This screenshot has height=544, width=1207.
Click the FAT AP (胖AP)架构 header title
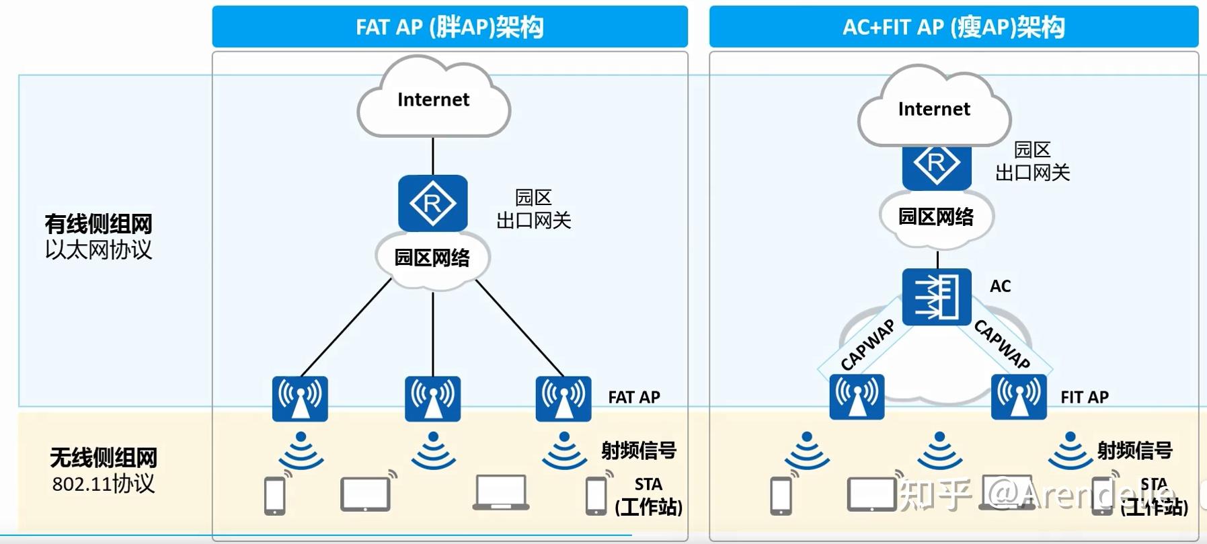[x=449, y=27]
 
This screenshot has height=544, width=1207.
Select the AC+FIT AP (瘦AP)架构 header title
[x=953, y=27]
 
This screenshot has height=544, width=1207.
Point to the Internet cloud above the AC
[x=934, y=109]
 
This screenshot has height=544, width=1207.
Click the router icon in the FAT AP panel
[x=432, y=203]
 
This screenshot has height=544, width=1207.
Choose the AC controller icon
[x=937, y=297]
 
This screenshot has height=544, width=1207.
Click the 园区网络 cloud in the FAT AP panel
[x=432, y=258]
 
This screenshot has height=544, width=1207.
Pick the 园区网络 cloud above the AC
[x=936, y=217]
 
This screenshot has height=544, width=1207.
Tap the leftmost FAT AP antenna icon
[x=300, y=399]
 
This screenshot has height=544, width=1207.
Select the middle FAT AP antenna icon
[x=432, y=399]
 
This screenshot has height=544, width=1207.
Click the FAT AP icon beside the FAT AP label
[x=563, y=399]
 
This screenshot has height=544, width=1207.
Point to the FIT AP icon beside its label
[x=1019, y=397]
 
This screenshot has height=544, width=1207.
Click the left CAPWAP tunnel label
[x=867, y=344]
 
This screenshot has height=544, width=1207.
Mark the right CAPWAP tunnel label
[x=1002, y=344]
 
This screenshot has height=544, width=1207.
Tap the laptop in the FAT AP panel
[x=501, y=492]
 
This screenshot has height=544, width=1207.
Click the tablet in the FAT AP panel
[x=365, y=494]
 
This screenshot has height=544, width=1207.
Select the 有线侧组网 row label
[x=98, y=224]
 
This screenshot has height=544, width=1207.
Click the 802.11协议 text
[x=104, y=484]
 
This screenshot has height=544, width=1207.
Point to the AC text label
[x=1000, y=286]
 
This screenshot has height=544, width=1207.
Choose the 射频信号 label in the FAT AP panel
[x=638, y=450]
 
